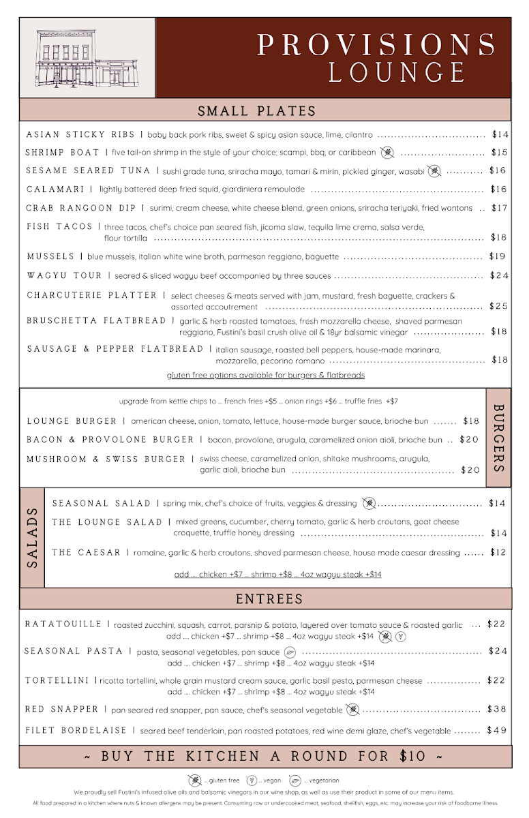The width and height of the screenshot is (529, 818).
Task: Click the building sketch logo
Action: [x=87, y=58]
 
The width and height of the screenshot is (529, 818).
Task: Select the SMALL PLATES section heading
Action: [x=257, y=111]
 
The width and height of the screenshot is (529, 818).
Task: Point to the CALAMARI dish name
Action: [x=55, y=189]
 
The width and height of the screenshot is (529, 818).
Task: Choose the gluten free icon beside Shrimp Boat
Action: [x=387, y=153]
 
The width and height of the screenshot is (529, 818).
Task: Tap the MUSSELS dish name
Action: [x=50, y=256]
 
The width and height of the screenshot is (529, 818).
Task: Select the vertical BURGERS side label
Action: [x=498, y=438]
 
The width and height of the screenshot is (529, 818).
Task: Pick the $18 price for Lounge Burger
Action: [x=471, y=421]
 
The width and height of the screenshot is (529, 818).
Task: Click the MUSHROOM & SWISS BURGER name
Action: [x=106, y=459]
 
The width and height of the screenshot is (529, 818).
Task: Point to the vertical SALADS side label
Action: [x=33, y=538]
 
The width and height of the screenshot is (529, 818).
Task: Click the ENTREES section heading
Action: [x=269, y=599]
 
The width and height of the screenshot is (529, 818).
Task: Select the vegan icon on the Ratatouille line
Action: [x=401, y=637]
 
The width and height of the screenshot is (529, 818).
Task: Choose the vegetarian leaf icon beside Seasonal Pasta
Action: [x=288, y=652]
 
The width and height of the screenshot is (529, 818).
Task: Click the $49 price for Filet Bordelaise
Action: [x=497, y=730]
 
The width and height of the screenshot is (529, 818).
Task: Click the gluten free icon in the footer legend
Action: [x=194, y=780]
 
